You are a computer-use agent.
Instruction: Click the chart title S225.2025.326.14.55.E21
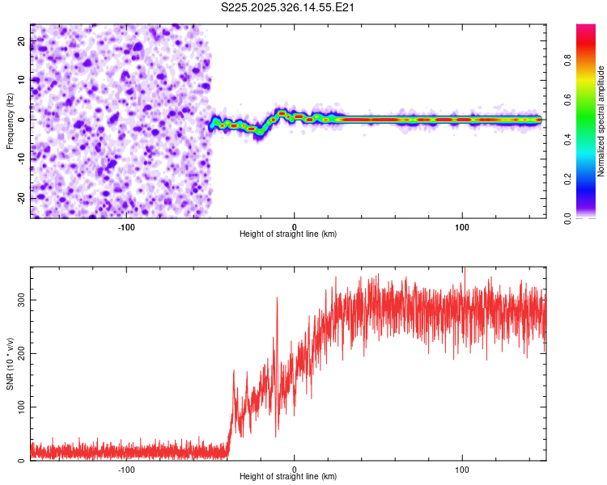coord(289,7)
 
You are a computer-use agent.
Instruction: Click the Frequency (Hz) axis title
coord(10,120)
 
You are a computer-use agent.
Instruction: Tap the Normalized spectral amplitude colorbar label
coord(601,122)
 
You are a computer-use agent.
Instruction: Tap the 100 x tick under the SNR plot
coord(462,467)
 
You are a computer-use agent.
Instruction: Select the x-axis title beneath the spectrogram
coord(288,234)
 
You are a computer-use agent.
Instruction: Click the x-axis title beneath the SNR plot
coord(288,477)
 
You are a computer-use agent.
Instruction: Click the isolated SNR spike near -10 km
coord(277,298)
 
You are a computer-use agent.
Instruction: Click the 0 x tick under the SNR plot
coord(295,467)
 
